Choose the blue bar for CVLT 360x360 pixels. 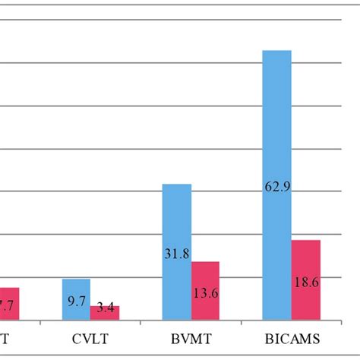click(x=76, y=299)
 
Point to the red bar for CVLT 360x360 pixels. click(x=105, y=312)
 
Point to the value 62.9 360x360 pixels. click(x=277, y=186)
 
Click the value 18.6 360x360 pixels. click(x=306, y=281)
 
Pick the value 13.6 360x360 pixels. click(x=205, y=294)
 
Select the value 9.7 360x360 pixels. click(x=76, y=302)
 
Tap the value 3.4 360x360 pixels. click(x=105, y=309)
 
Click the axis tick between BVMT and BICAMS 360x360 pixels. click(x=241, y=322)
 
